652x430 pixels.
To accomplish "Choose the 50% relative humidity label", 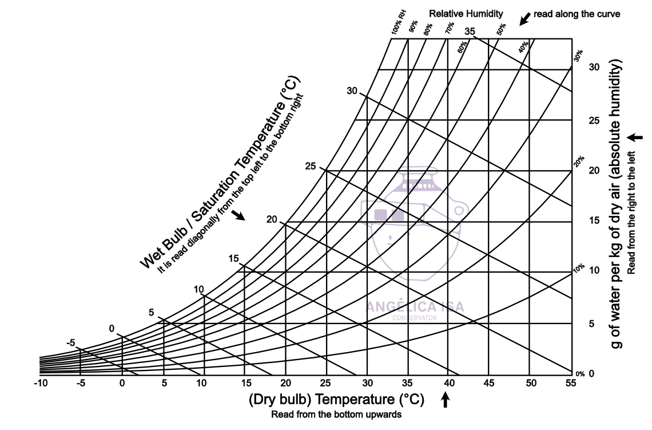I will [x=502, y=30].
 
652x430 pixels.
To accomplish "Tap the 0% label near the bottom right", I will [x=580, y=374].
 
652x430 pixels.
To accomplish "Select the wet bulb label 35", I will [x=470, y=31].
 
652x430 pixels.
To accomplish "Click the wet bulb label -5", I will [x=71, y=342].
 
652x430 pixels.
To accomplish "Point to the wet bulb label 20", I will [x=272, y=220].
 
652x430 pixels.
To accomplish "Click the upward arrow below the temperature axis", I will [x=446, y=400].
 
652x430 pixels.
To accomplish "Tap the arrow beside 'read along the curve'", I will [x=523, y=19].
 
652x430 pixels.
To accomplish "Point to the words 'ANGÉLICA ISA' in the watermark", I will [x=415, y=306].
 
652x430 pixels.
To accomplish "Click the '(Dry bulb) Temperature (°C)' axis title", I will [x=336, y=399].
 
